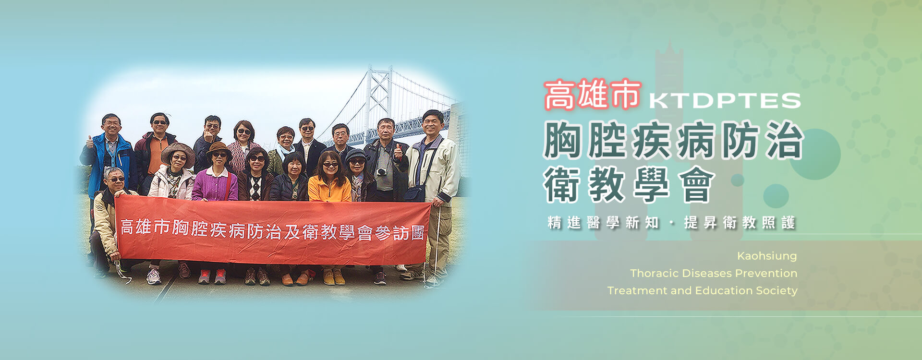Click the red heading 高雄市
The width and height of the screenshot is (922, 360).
(592, 94)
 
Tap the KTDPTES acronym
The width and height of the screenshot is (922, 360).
(725, 101)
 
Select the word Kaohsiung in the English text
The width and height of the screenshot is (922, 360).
(767, 256)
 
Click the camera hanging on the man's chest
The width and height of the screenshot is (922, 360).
(382, 171)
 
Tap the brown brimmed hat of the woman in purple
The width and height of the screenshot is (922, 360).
(219, 148)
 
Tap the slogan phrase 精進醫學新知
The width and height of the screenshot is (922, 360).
(603, 223)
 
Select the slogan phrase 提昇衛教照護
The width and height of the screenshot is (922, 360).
(740, 223)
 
